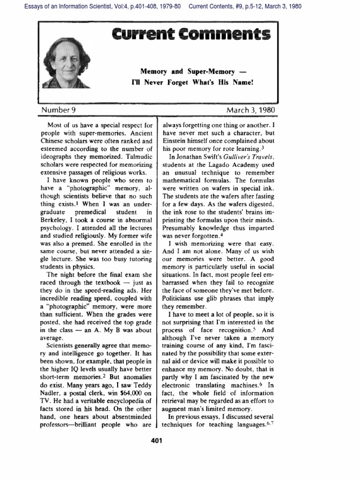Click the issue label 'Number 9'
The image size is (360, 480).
[59, 110]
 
